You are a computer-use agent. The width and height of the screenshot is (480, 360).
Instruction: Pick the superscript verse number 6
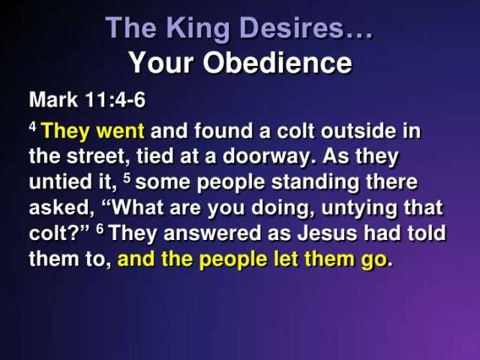pos(100,229)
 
